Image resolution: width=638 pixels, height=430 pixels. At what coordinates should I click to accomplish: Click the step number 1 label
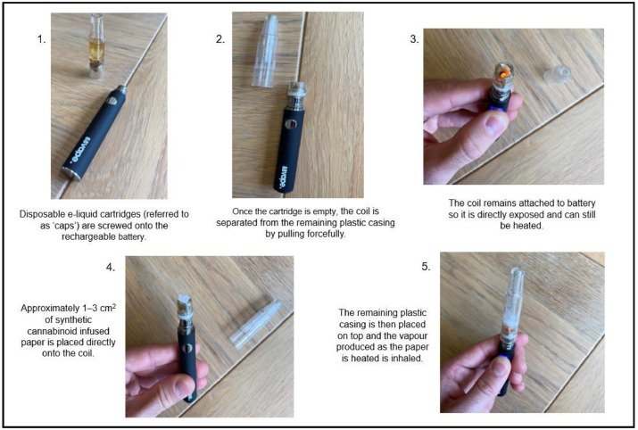point(42,39)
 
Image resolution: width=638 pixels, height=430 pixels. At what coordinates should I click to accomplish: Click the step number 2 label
point(220,39)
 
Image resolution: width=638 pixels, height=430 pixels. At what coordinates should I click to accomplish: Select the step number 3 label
point(414,39)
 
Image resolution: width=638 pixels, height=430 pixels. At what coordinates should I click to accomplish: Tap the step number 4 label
point(111,268)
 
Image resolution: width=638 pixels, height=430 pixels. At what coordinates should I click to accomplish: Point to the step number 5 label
point(426,267)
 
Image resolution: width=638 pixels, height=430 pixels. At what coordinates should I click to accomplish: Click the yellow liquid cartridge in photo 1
point(96,45)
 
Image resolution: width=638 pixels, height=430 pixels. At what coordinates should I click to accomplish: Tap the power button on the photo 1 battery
point(112,100)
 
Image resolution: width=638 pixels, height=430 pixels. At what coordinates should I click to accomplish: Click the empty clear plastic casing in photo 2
point(266,51)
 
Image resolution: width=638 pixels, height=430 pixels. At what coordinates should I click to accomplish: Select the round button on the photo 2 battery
point(289,124)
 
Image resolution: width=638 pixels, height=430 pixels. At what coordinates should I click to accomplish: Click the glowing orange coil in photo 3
point(504,74)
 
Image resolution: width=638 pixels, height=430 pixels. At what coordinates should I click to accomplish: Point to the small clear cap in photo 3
point(558,74)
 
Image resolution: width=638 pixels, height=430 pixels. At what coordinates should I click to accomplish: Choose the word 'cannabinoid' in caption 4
point(69,331)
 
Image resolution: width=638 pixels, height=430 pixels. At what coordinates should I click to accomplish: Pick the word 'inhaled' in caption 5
point(407,359)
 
